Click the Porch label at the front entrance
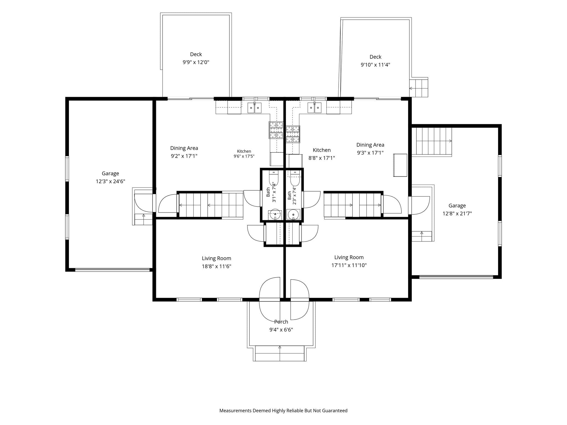[281, 322]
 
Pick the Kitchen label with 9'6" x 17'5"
[244, 154]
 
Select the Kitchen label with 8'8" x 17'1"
[322, 154]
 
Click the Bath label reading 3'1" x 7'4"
[271, 192]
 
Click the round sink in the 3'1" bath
[275, 214]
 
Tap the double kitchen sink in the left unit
[254, 108]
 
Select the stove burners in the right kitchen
[293, 134]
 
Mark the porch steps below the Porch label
[280, 353]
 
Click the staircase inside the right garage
[432, 141]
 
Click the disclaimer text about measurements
[283, 411]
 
